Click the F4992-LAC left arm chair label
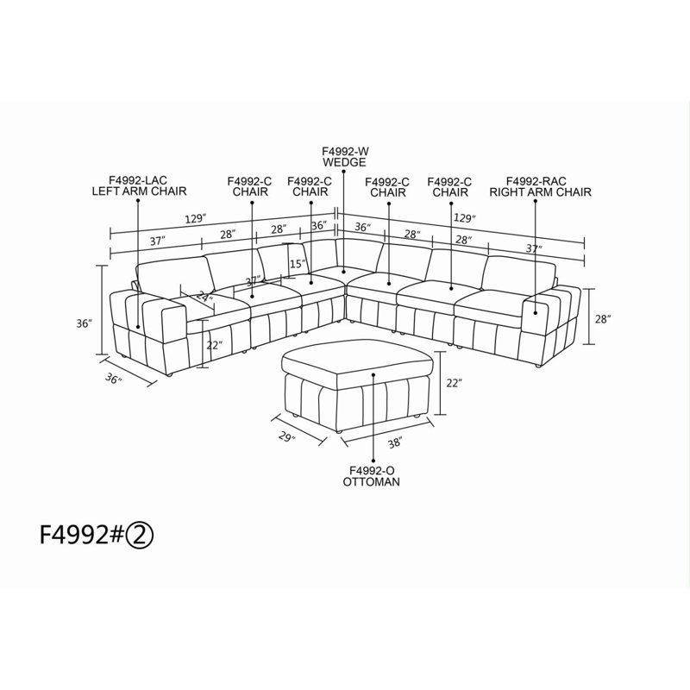pyautogui.click(x=139, y=185)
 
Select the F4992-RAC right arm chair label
pyautogui.click(x=541, y=186)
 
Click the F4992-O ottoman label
pyautogui.click(x=372, y=476)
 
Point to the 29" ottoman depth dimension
pyautogui.click(x=286, y=436)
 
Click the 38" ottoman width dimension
pyautogui.click(x=395, y=442)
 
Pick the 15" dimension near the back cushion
pyautogui.click(x=298, y=264)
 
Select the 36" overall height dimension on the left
pyautogui.click(x=84, y=323)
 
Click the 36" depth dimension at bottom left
pyautogui.click(x=114, y=379)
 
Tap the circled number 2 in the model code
pyautogui.click(x=140, y=536)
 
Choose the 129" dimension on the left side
pyautogui.click(x=195, y=219)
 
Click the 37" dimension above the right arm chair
pyautogui.click(x=534, y=248)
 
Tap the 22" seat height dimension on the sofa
pyautogui.click(x=213, y=345)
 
